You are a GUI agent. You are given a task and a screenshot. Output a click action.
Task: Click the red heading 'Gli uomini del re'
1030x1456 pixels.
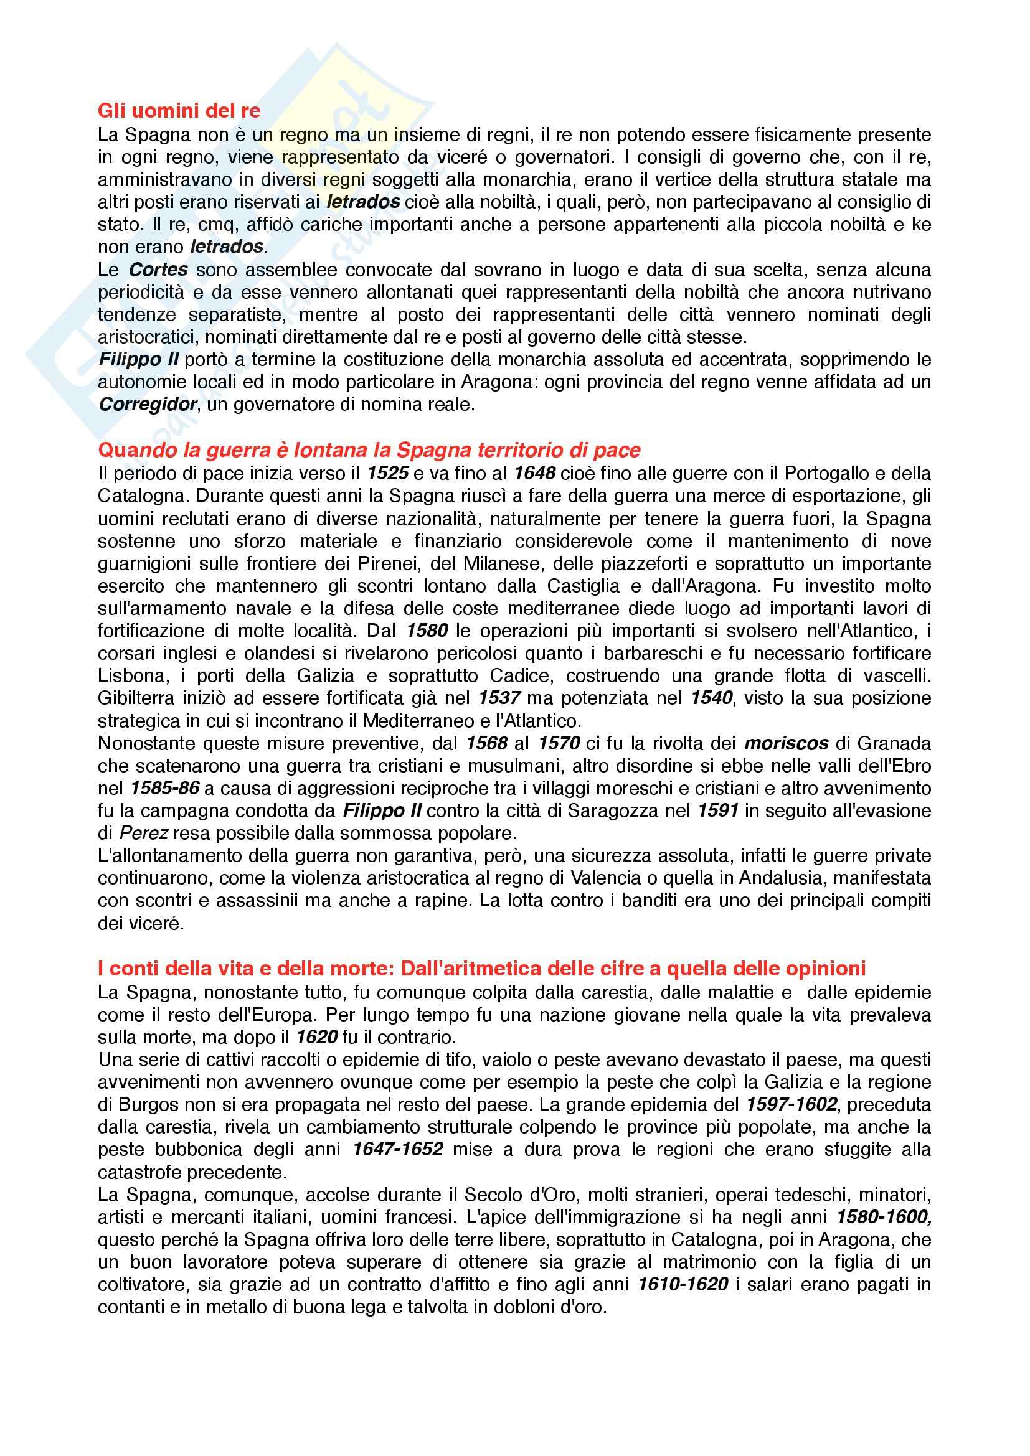tap(179, 111)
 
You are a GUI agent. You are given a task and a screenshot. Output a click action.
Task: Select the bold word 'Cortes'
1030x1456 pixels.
tap(158, 270)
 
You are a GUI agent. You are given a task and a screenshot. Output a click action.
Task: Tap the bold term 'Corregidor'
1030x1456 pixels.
tap(148, 405)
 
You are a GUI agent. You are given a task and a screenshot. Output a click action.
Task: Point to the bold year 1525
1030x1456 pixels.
tap(387, 474)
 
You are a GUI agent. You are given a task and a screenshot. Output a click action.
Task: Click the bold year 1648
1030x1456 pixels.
tap(534, 474)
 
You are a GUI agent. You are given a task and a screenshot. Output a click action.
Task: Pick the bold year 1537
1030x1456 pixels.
tap(499, 698)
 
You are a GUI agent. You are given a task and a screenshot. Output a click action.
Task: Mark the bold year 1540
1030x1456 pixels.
tap(711, 698)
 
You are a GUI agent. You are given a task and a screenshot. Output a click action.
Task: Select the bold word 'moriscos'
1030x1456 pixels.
tap(787, 743)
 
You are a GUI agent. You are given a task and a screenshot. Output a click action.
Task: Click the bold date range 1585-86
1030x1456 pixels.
tap(165, 788)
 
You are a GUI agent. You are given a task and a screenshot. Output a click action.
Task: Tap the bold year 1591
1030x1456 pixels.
tap(718, 810)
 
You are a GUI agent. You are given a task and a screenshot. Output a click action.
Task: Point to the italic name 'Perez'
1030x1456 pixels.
tap(143, 834)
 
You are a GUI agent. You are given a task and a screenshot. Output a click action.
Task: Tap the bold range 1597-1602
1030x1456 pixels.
tap(791, 1104)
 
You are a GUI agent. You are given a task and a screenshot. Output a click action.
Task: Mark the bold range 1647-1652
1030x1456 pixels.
tap(398, 1149)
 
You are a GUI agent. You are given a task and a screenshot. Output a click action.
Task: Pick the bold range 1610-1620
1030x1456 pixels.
tap(683, 1284)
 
